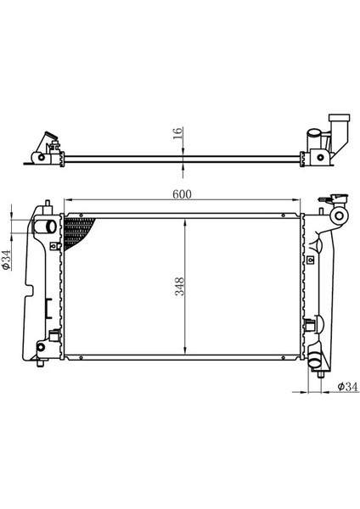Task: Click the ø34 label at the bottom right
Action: (x=346, y=388)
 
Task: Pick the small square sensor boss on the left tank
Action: (x=55, y=247)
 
